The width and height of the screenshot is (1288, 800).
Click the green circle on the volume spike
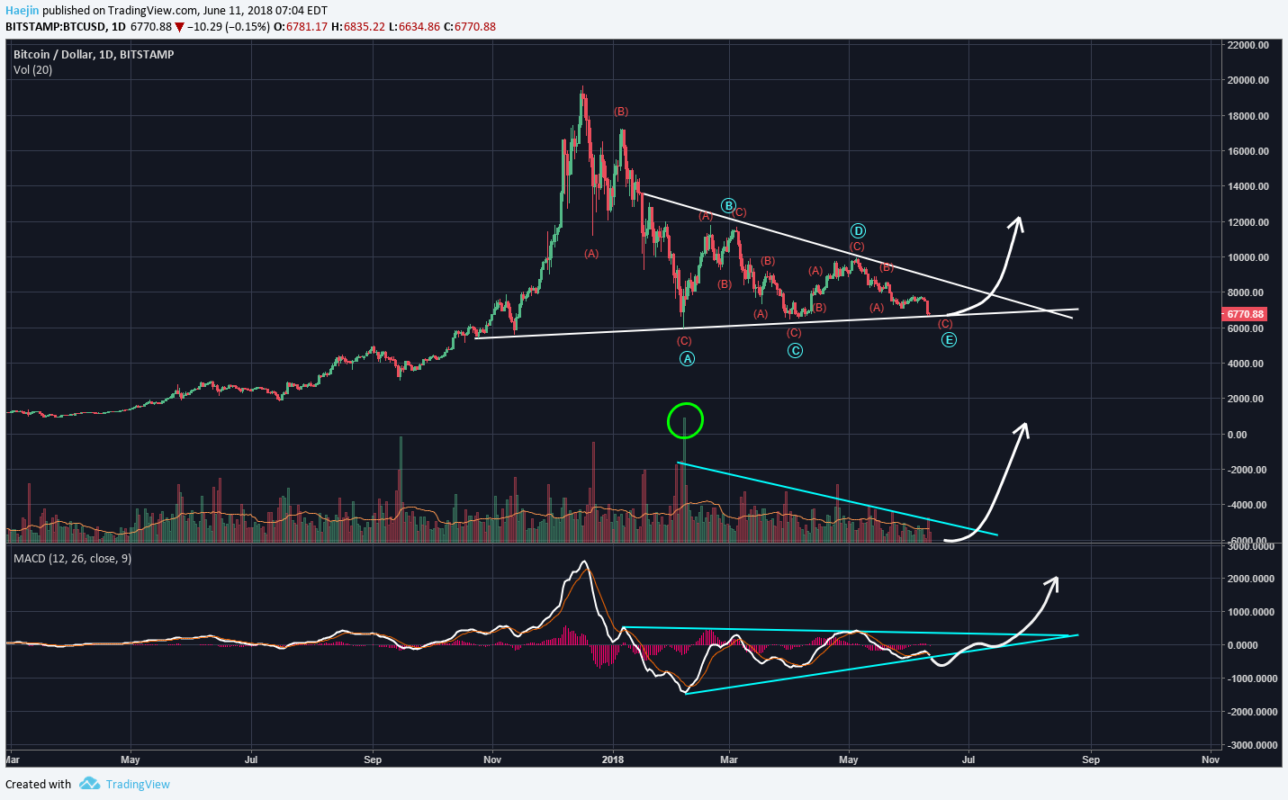coord(685,420)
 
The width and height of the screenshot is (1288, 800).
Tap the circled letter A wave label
coord(687,359)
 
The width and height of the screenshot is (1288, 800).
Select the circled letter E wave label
coord(949,340)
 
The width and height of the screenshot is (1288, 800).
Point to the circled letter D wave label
coord(858,231)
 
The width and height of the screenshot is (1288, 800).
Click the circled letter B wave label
coord(728,206)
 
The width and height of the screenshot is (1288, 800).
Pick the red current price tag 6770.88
coord(1245,314)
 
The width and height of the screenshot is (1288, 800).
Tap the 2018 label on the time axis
coord(613,760)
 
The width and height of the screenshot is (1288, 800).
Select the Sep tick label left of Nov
coord(373,760)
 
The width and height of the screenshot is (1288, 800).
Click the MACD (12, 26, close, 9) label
coord(72,559)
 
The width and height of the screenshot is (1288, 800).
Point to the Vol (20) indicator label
coord(32,70)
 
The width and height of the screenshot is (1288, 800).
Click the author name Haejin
coord(23,11)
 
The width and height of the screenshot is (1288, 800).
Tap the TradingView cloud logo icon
coord(89,784)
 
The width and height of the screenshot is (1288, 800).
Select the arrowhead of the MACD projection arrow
coord(1053,580)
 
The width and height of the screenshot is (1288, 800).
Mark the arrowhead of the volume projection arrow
coord(1022,427)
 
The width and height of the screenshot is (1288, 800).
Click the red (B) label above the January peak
coord(621,112)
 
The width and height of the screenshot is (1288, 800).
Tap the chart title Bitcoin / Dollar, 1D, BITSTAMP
coord(94,55)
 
